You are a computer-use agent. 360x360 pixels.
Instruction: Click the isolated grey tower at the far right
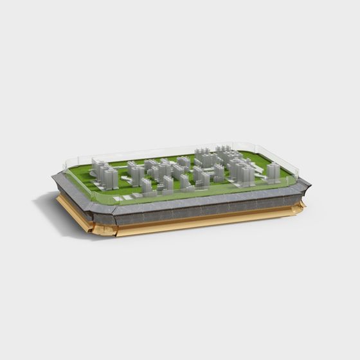(273, 172)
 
